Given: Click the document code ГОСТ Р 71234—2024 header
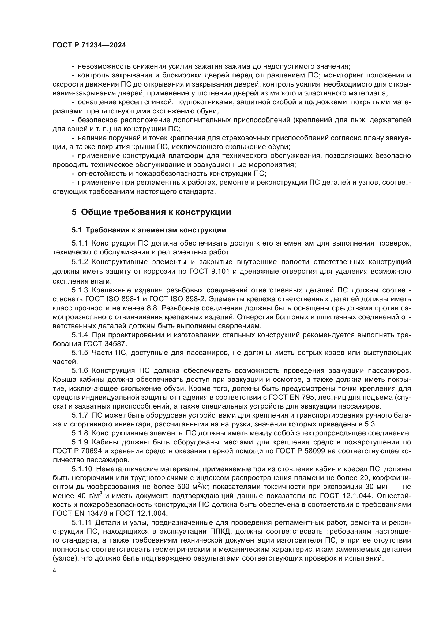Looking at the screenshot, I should click(89, 45).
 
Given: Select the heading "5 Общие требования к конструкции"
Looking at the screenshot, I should click(151, 212).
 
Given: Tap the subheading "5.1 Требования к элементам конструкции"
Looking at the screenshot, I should click(149, 230).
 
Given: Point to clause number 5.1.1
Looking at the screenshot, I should click(80, 243).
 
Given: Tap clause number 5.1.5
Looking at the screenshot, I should click(80, 353).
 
